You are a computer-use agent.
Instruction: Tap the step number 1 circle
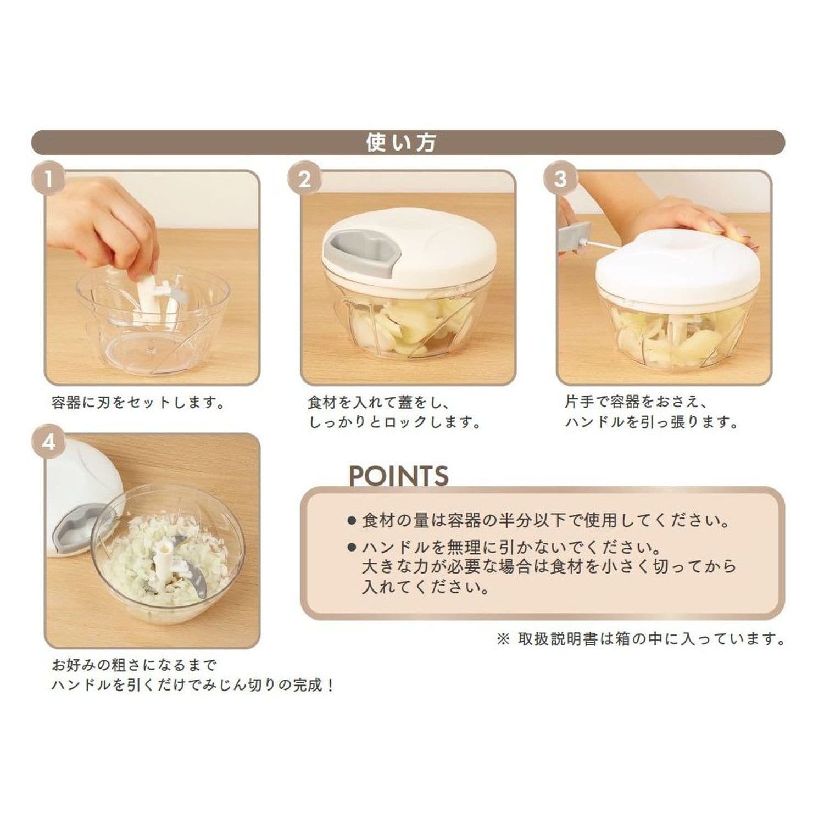[x=48, y=179]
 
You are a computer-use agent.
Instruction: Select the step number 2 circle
[x=304, y=179]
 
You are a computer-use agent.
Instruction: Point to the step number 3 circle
[x=560, y=179]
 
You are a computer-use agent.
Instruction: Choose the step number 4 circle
[x=48, y=442]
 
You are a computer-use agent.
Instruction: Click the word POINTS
[x=399, y=476]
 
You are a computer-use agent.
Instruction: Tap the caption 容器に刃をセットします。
[x=138, y=403]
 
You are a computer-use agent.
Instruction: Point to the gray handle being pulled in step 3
[x=574, y=237]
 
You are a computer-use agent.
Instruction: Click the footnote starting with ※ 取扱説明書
[x=641, y=639]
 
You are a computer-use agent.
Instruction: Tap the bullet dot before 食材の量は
[x=352, y=520]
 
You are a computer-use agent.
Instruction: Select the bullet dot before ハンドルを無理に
[x=352, y=547]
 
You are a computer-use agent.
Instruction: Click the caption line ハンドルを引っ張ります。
[x=652, y=422]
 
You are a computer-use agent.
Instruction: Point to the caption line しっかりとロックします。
[x=395, y=422]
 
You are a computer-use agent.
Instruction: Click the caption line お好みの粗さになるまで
[x=135, y=665]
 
